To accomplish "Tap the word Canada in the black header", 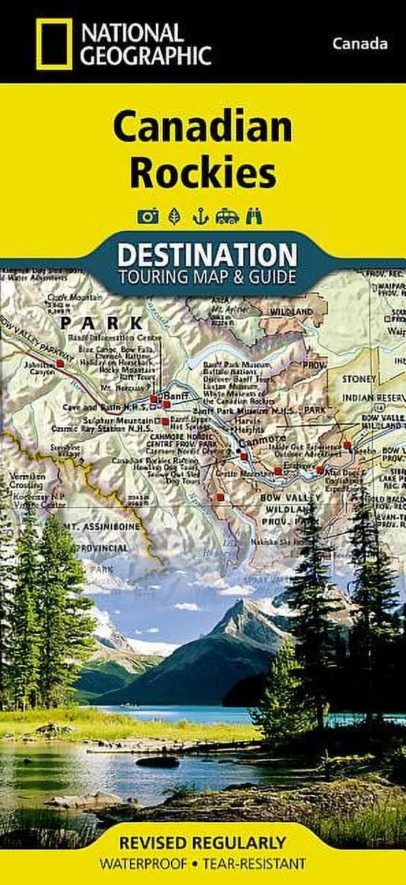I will coord(360,44).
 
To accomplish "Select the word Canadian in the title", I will coord(203,128).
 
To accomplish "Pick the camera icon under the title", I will coord(148,217).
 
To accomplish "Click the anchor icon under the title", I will coord(200,217).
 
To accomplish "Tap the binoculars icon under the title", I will coord(254,217).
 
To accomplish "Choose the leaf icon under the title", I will coord(174,217).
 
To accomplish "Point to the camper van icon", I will coord(226,217).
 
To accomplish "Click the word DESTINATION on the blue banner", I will coord(207,255).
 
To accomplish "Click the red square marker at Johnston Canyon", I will coord(60,364).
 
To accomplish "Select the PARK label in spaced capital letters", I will coord(102,323).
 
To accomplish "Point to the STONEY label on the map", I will coord(360,379).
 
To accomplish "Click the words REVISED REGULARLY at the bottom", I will coord(203,843).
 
